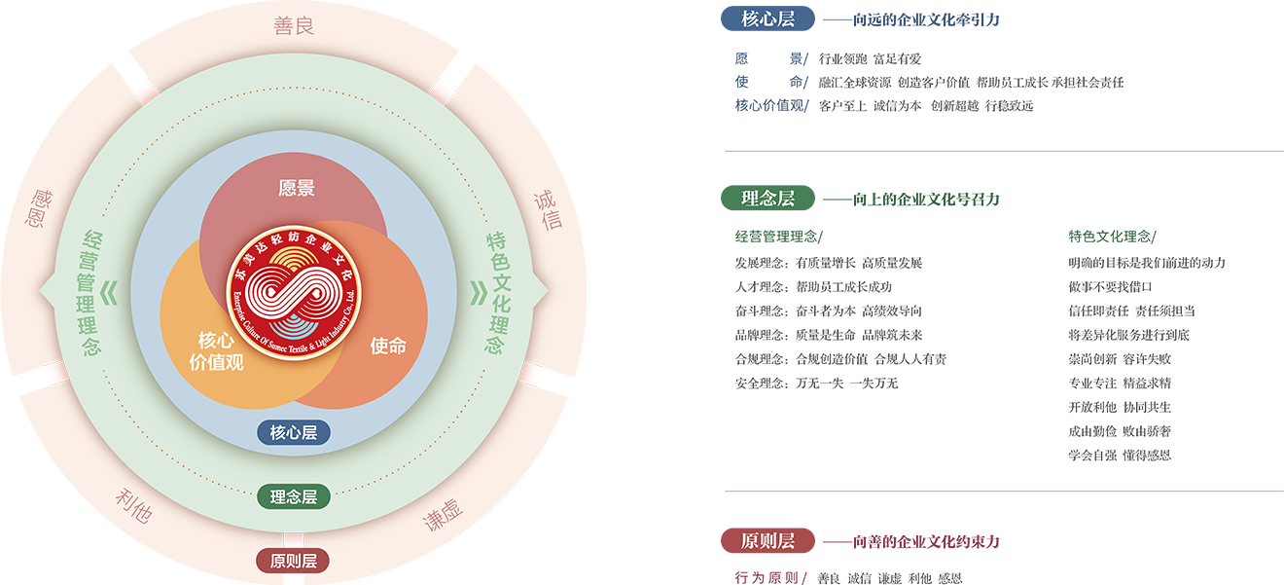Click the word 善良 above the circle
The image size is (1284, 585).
[294, 26]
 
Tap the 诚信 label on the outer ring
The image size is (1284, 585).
[548, 209]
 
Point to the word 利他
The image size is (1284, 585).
[133, 507]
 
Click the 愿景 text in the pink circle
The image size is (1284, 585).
[297, 189]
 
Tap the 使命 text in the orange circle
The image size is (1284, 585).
[388, 346]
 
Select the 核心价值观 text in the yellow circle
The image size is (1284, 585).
[216, 351]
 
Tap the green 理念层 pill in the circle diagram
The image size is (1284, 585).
[294, 496]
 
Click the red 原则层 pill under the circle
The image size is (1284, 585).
[294, 561]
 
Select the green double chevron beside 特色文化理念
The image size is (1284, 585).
[478, 293]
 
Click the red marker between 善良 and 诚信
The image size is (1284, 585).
[445, 90]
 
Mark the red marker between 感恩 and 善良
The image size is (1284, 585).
[144, 90]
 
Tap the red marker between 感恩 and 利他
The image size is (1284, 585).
[53, 373]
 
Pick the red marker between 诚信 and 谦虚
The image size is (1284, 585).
[533, 374]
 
